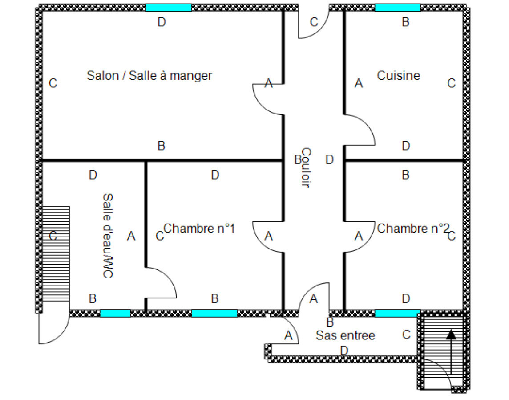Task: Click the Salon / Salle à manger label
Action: pyautogui.click(x=149, y=75)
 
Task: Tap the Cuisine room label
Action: pyautogui.click(x=398, y=75)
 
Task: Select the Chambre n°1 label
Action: pyautogui.click(x=199, y=229)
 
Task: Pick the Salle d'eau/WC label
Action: pyautogui.click(x=107, y=236)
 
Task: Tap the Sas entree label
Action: pyautogui.click(x=345, y=335)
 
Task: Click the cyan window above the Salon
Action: pyautogui.click(x=169, y=8)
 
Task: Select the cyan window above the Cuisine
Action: pyautogui.click(x=397, y=8)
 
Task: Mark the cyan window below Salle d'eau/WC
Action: pyautogui.click(x=115, y=313)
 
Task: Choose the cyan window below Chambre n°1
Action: pyautogui.click(x=214, y=313)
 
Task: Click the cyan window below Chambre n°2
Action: pyautogui.click(x=397, y=313)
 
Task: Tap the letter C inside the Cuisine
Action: pyautogui.click(x=451, y=83)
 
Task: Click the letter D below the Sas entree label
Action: pyautogui.click(x=344, y=351)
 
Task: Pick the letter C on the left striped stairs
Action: pyautogui.click(x=53, y=236)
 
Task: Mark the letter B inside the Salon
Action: pyautogui.click(x=162, y=146)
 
